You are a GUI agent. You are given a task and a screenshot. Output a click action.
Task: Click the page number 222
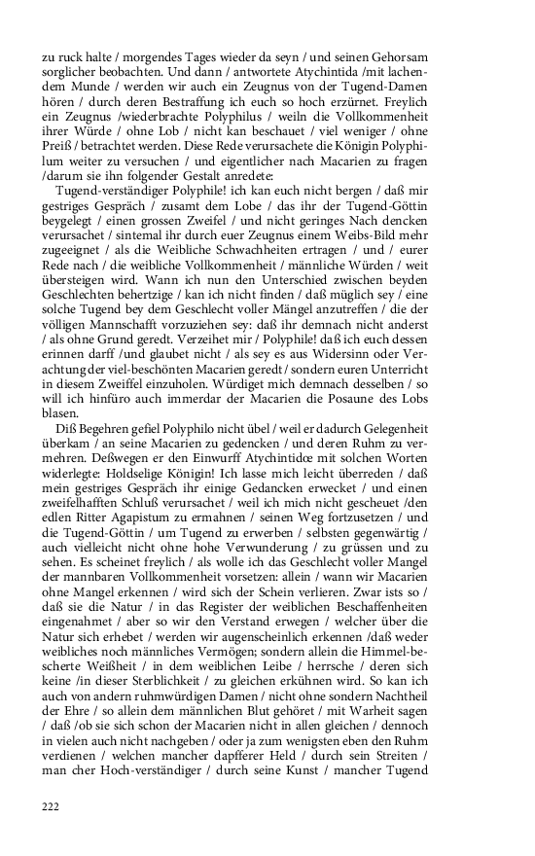coord(51,804)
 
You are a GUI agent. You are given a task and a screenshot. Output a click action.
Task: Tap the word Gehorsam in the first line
coord(455,57)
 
